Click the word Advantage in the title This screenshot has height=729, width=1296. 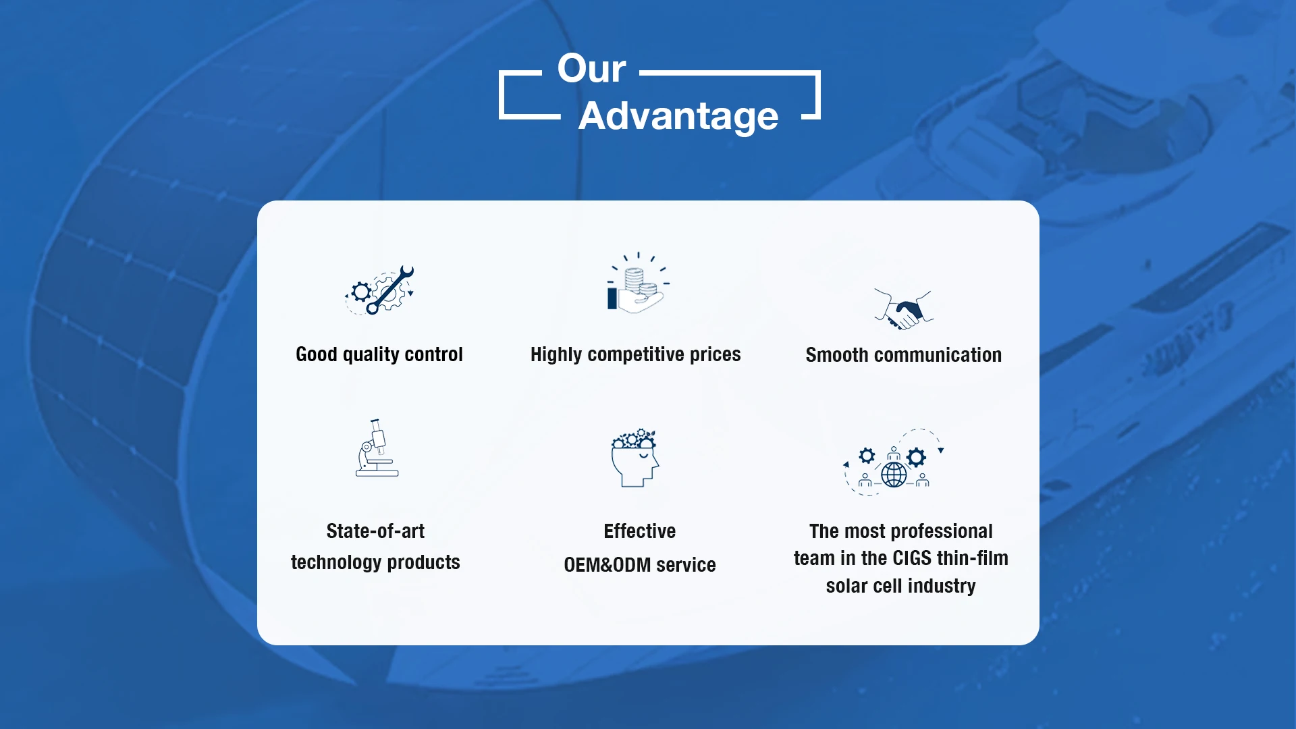point(678,116)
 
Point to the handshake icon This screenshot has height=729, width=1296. point(904,309)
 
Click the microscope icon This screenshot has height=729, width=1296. point(377,448)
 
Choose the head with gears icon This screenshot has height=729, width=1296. point(635,458)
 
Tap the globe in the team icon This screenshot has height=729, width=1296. point(894,475)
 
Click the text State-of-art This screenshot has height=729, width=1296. point(375,531)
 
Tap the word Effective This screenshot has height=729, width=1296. point(640,531)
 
